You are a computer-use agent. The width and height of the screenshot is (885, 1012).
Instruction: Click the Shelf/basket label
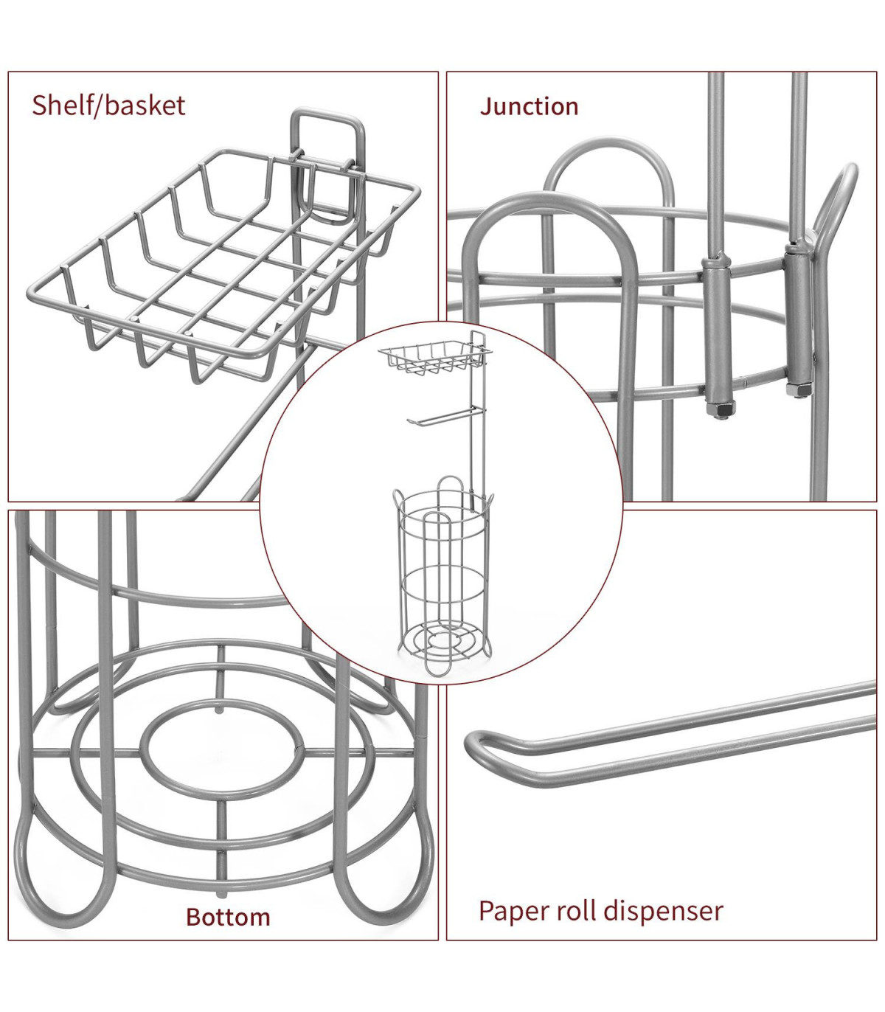[x=108, y=105]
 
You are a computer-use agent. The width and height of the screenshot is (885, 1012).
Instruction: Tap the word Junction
[x=529, y=107]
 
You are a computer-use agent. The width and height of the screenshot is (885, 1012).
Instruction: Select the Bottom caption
[x=228, y=917]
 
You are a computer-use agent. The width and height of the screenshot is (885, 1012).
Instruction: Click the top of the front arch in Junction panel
[x=549, y=204]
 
